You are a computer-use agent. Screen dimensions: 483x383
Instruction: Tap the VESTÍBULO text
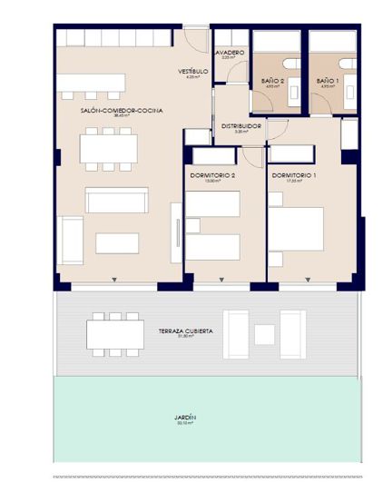tap(192, 71)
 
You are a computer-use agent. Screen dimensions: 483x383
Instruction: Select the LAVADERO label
tap(229, 53)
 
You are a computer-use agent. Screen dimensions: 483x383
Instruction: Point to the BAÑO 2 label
tap(273, 82)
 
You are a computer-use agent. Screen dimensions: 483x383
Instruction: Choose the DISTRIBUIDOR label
tap(241, 126)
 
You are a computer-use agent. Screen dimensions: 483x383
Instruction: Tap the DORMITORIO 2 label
tap(213, 174)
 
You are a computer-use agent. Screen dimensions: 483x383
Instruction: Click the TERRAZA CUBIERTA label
tap(185, 331)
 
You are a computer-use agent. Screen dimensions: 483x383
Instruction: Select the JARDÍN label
tap(185, 417)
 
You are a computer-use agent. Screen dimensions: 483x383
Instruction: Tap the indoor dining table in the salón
tap(108, 148)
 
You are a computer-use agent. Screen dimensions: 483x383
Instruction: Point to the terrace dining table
tap(114, 332)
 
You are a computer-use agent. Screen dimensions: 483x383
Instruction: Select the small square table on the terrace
tap(264, 334)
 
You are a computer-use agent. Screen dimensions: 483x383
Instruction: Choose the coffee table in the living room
tap(117, 242)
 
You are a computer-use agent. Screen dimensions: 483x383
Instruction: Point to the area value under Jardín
tap(185, 423)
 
